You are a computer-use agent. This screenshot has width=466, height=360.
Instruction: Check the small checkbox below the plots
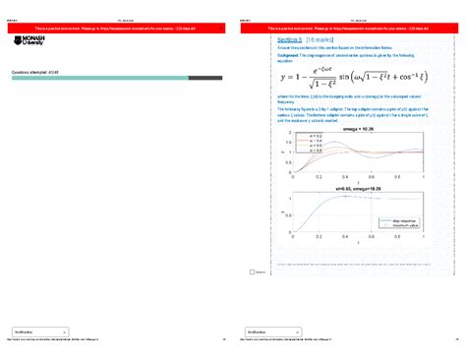click(253, 272)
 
